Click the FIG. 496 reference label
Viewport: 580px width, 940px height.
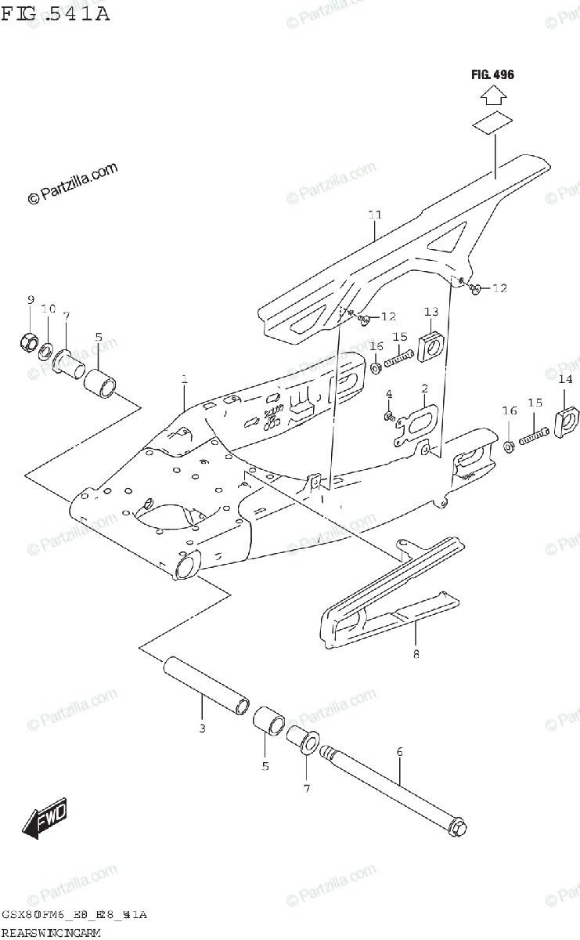pyautogui.click(x=492, y=75)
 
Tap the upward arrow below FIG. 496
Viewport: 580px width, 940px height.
pyautogui.click(x=492, y=97)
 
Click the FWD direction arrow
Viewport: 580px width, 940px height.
pyautogui.click(x=45, y=818)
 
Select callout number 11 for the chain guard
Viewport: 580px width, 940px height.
pyautogui.click(x=375, y=214)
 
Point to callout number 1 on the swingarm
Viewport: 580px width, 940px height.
pyautogui.click(x=185, y=380)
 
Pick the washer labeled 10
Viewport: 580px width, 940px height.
pyautogui.click(x=47, y=349)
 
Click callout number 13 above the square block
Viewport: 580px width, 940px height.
pyautogui.click(x=432, y=313)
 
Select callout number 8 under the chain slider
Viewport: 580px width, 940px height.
pyautogui.click(x=416, y=653)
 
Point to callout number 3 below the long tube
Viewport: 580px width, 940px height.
pyautogui.click(x=201, y=728)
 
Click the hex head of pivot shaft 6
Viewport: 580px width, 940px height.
pyautogui.click(x=459, y=826)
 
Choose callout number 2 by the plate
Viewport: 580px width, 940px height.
pyautogui.click(x=423, y=389)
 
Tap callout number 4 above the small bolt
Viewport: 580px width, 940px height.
pyautogui.click(x=387, y=392)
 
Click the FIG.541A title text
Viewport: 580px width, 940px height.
pyautogui.click(x=55, y=13)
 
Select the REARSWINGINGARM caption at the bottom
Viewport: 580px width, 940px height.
pyautogui.click(x=52, y=932)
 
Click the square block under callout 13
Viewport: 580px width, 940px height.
pyautogui.click(x=431, y=347)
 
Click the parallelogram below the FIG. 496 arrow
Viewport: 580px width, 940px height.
pyautogui.click(x=492, y=123)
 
